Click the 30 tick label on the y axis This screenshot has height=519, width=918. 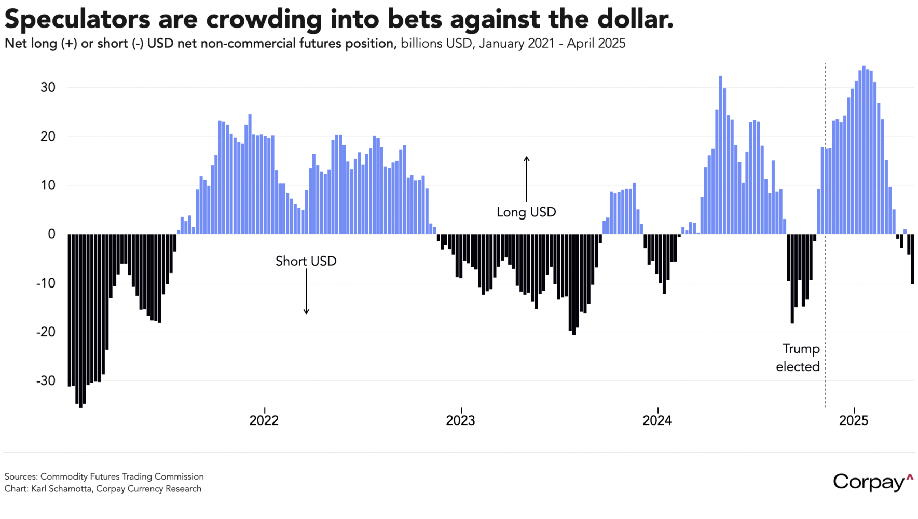click(x=48, y=87)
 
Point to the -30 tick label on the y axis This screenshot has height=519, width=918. click(x=46, y=380)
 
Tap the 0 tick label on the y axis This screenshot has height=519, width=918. click(x=51, y=234)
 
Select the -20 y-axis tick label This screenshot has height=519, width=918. click(x=46, y=332)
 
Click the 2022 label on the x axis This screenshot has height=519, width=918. click(x=264, y=420)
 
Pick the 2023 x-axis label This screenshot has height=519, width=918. click(x=460, y=420)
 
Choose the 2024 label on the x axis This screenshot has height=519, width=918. click(x=657, y=420)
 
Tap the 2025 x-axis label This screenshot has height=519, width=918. click(x=853, y=420)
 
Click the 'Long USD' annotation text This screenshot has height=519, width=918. click(x=526, y=212)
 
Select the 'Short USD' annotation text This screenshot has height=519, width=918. click(x=306, y=261)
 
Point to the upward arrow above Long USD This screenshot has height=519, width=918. click(x=526, y=179)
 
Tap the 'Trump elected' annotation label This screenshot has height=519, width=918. click(x=798, y=358)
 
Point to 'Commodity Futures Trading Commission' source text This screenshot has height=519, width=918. click(x=122, y=476)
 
